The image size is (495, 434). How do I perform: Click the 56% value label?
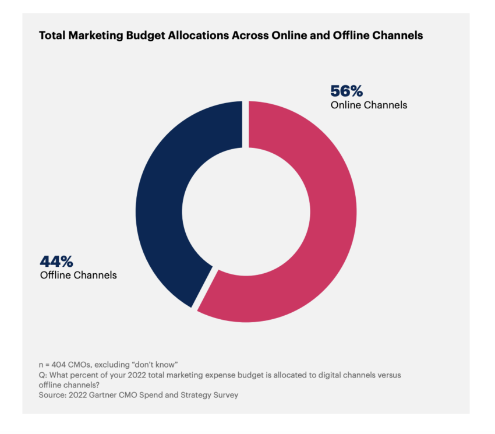(x=346, y=91)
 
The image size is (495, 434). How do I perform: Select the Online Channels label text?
(x=369, y=105)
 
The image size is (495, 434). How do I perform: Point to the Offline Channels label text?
(x=78, y=275)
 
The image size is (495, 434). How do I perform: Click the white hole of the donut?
(x=246, y=211)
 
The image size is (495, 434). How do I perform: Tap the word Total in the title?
(x=52, y=36)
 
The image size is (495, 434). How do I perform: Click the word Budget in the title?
(x=143, y=36)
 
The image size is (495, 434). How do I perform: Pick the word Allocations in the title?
(x=196, y=36)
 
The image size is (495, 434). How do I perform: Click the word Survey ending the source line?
(x=225, y=396)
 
